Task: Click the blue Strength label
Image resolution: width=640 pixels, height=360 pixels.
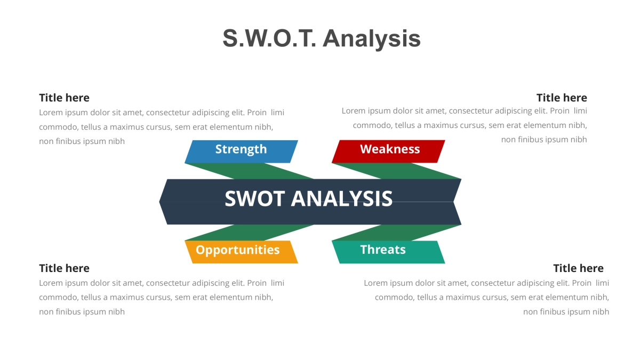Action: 241,150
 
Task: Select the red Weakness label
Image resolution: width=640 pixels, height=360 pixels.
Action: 389,150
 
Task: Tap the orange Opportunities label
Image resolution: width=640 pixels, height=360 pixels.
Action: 238,250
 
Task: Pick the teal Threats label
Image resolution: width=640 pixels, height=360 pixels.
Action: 383,250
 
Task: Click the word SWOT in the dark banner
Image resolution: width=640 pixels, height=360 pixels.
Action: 254,199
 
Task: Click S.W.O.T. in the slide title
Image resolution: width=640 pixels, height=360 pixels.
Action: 269,38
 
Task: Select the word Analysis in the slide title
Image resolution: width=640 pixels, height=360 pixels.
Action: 372,38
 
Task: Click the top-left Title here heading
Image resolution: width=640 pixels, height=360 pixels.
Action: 64,98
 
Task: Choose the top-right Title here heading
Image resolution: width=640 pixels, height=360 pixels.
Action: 562,98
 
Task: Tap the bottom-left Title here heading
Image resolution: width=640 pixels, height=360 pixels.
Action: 64,268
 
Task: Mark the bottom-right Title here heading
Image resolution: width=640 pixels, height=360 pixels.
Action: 578,268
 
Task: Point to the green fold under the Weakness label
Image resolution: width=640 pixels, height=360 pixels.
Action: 397,171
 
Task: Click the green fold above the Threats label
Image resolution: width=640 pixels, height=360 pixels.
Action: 397,233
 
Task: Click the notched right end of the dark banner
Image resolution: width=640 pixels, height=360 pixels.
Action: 457,202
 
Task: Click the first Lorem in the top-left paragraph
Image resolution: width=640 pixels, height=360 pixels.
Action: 51,113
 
